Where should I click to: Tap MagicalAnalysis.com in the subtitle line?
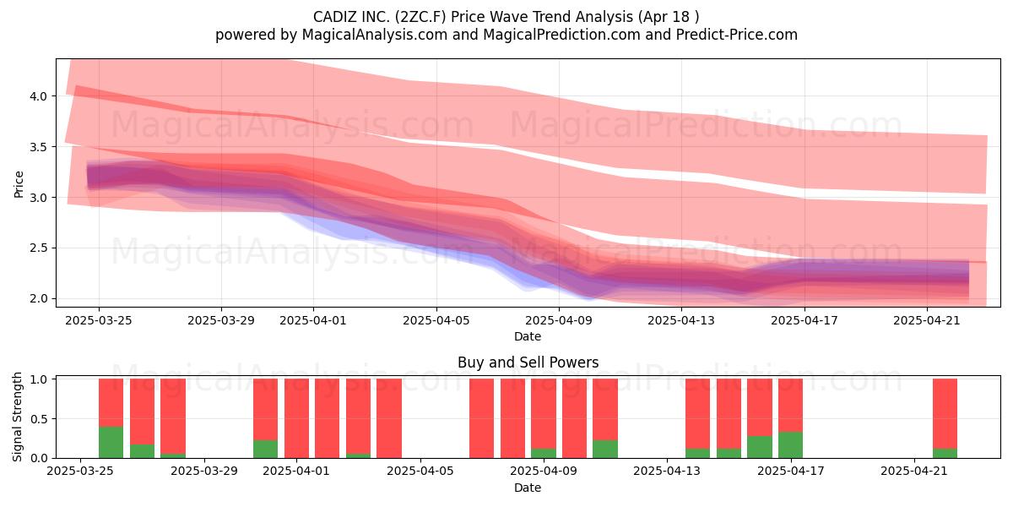(x=375, y=35)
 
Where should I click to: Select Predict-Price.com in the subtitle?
(x=737, y=35)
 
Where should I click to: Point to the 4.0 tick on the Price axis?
(x=39, y=96)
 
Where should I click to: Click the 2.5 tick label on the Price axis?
(x=39, y=248)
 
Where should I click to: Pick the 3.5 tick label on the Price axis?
(x=39, y=147)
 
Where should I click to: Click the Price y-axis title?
(x=19, y=184)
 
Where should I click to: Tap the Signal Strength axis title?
(x=17, y=417)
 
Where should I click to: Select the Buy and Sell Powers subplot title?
(x=528, y=363)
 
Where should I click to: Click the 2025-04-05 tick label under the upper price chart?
(x=436, y=320)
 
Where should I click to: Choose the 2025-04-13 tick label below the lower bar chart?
(x=667, y=472)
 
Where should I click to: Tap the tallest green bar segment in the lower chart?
(x=111, y=442)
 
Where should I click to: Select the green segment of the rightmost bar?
(x=945, y=453)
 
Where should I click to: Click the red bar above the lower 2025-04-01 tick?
(x=296, y=418)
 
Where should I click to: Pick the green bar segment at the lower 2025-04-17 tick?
(x=790, y=445)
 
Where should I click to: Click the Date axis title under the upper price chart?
(x=528, y=336)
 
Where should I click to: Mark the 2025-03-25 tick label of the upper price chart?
(x=99, y=320)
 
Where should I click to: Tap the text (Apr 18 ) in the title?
(x=669, y=17)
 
